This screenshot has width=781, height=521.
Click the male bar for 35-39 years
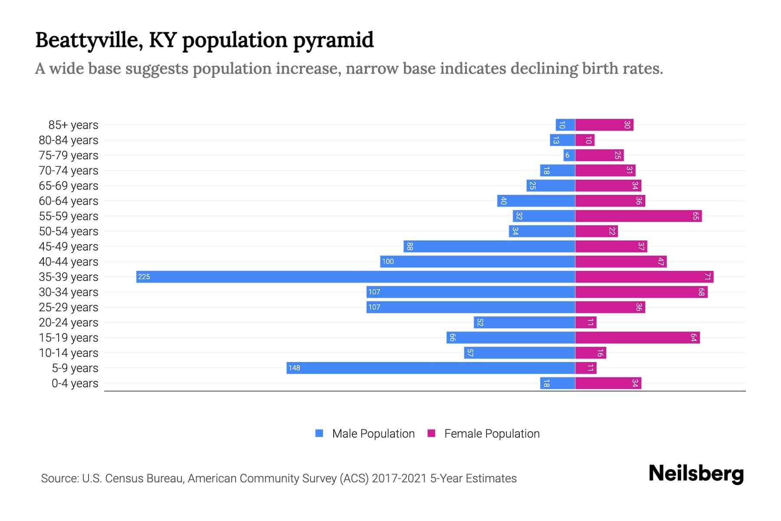[x=356, y=277]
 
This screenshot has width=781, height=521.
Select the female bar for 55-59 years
[x=638, y=216]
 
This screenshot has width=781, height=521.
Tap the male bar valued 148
[x=431, y=368]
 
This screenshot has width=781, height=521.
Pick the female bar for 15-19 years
[x=637, y=337]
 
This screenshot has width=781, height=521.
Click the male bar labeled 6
[x=569, y=155]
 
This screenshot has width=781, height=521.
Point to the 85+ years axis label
[x=73, y=125]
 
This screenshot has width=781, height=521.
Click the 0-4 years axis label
[x=75, y=383]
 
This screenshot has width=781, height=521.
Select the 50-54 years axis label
[x=69, y=231]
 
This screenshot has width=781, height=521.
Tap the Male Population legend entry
[x=373, y=433]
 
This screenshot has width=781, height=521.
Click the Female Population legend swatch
[x=431, y=433]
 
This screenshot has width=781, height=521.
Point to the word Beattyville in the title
[x=89, y=40]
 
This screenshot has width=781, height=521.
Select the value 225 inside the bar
[x=144, y=277]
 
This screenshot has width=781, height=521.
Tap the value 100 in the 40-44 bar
[x=388, y=261]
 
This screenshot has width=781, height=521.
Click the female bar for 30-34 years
[x=641, y=292]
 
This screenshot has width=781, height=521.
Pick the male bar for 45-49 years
[x=489, y=246]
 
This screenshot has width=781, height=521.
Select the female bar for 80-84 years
[x=585, y=140]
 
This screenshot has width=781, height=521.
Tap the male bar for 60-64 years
[x=536, y=201]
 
